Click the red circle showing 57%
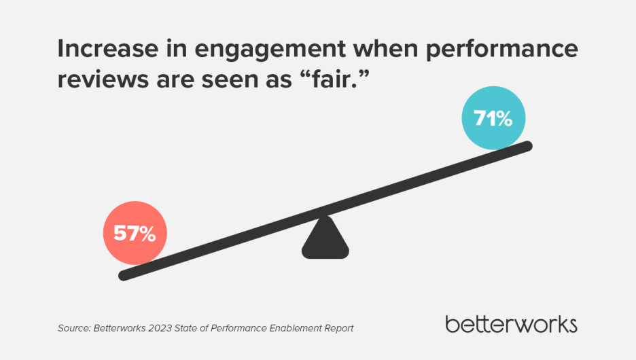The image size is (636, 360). [x=135, y=234]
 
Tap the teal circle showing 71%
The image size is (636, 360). [x=493, y=119]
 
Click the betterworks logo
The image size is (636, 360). [x=511, y=324]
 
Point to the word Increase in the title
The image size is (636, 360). [x=101, y=48]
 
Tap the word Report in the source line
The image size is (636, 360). [x=338, y=328]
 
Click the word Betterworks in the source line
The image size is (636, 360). [x=121, y=328]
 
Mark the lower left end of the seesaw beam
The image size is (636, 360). [x=123, y=275]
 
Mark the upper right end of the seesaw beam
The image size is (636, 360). [x=527, y=145]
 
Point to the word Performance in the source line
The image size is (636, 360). [x=242, y=328]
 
